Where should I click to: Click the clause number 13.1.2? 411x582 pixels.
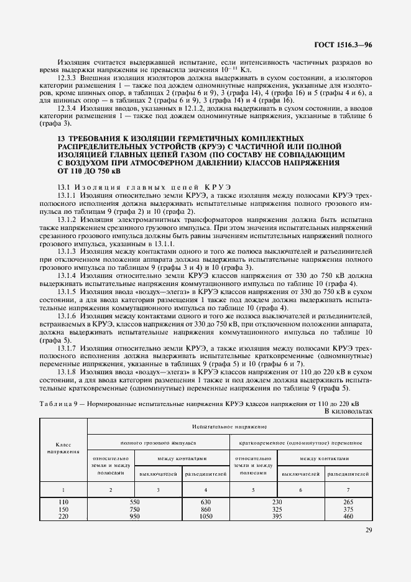(x=67, y=219)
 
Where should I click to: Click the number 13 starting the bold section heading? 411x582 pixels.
(x=61, y=137)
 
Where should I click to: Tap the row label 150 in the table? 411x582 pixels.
(x=63, y=509)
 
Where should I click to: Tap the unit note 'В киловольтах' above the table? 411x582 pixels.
(x=348, y=411)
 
